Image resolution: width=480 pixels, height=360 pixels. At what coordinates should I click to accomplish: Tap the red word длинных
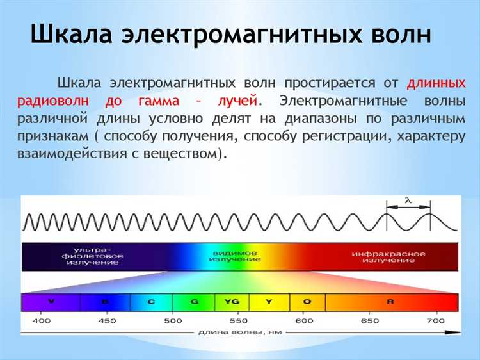tap(435, 83)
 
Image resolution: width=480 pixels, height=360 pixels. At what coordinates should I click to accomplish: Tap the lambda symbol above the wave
tap(407, 201)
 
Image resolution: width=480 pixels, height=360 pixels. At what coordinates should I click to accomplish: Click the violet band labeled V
tap(51, 301)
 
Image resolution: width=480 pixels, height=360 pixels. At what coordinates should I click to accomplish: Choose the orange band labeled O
tap(307, 301)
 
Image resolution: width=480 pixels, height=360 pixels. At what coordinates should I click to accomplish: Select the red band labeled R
tap(391, 301)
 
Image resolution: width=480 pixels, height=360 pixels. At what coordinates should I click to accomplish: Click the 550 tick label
tap(238, 320)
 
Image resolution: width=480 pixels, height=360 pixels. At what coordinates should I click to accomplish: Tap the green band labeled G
tap(193, 301)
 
